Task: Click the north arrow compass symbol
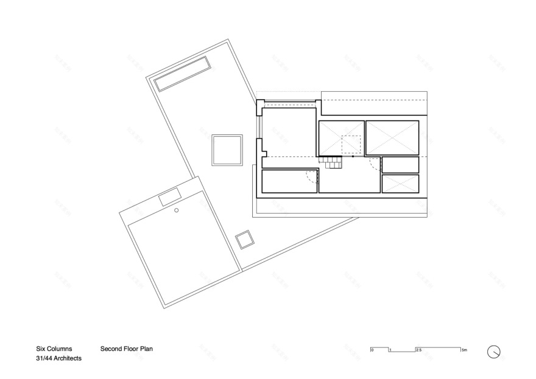tap(494, 352)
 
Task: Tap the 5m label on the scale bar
tap(464, 350)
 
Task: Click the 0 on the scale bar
tap(372, 350)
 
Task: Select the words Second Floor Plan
tap(126, 349)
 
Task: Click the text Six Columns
tap(54, 349)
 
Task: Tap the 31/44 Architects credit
tap(58, 359)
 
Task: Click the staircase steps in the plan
tap(333, 162)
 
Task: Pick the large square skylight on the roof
tap(227, 150)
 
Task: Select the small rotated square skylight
tap(245, 240)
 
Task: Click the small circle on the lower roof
tap(176, 210)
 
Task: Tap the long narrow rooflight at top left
tap(182, 74)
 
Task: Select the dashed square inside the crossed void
tap(351, 145)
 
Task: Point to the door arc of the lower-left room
tap(312, 177)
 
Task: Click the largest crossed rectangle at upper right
tap(392, 138)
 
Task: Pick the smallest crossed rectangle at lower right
tap(400, 183)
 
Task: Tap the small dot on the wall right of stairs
tap(352, 156)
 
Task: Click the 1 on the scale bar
tap(390, 350)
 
